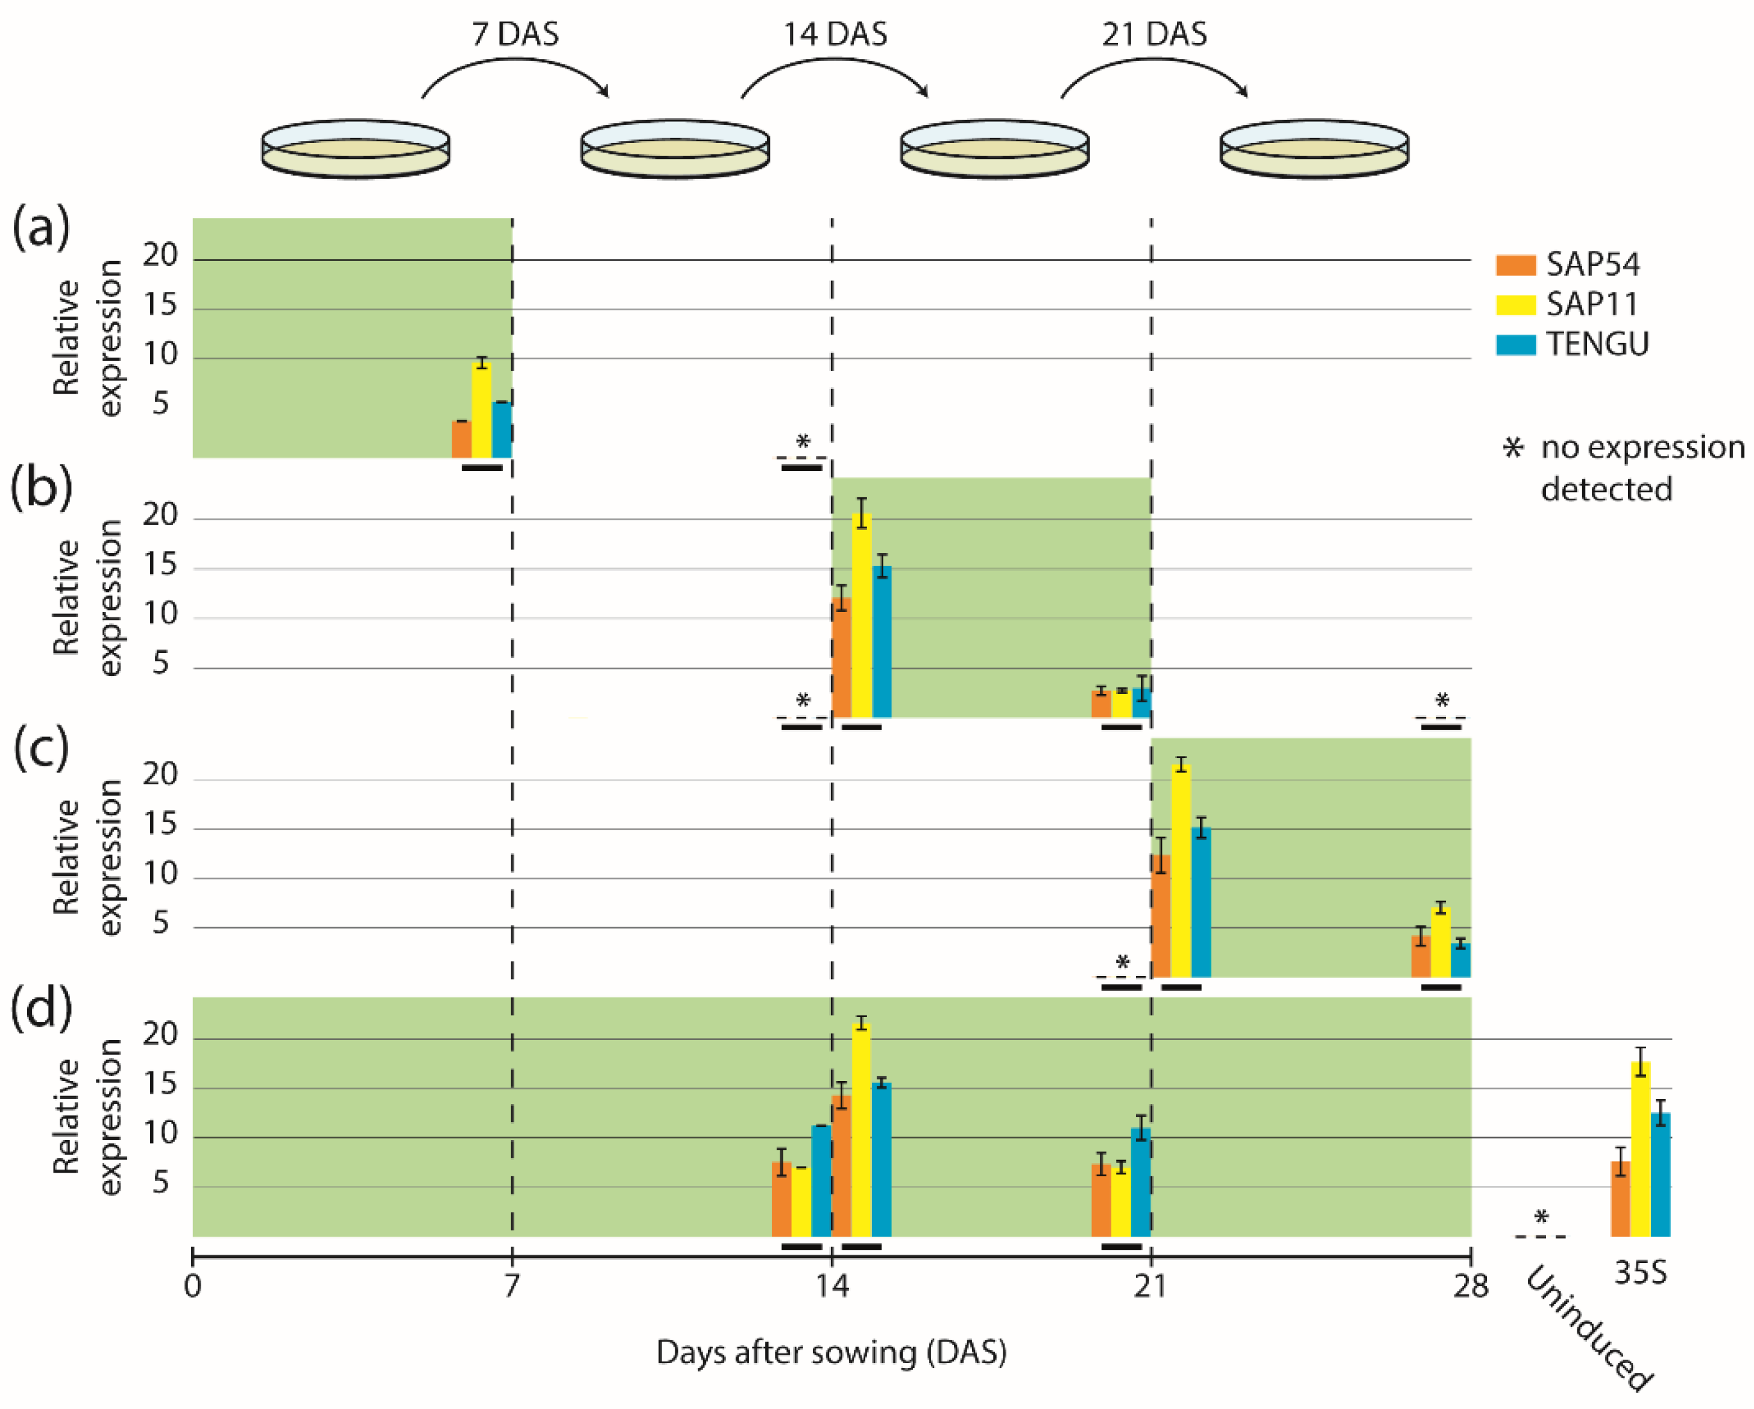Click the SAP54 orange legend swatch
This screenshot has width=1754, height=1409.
[1515, 265]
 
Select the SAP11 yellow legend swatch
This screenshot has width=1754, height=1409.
[1515, 304]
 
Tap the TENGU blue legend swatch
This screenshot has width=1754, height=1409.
[1515, 344]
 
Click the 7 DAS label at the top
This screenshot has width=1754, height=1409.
[515, 34]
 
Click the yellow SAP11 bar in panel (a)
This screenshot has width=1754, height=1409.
[482, 411]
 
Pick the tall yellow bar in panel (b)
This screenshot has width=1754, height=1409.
[862, 614]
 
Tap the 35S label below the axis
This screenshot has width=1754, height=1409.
[1640, 1272]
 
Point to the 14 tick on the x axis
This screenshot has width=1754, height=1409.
[831, 1286]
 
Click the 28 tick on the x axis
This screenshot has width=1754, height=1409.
[1471, 1286]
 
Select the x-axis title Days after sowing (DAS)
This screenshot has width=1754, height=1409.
[831, 1353]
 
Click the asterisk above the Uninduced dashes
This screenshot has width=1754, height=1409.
[1541, 1218]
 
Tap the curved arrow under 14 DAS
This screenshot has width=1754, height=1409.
[834, 73]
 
